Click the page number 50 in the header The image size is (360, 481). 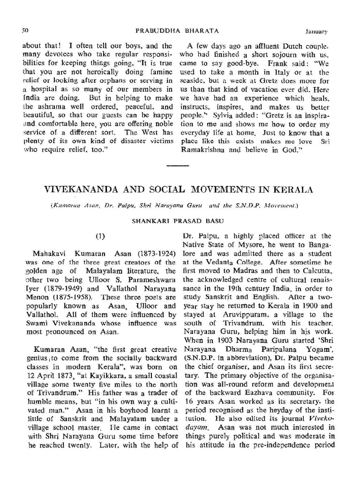point(25,31)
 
